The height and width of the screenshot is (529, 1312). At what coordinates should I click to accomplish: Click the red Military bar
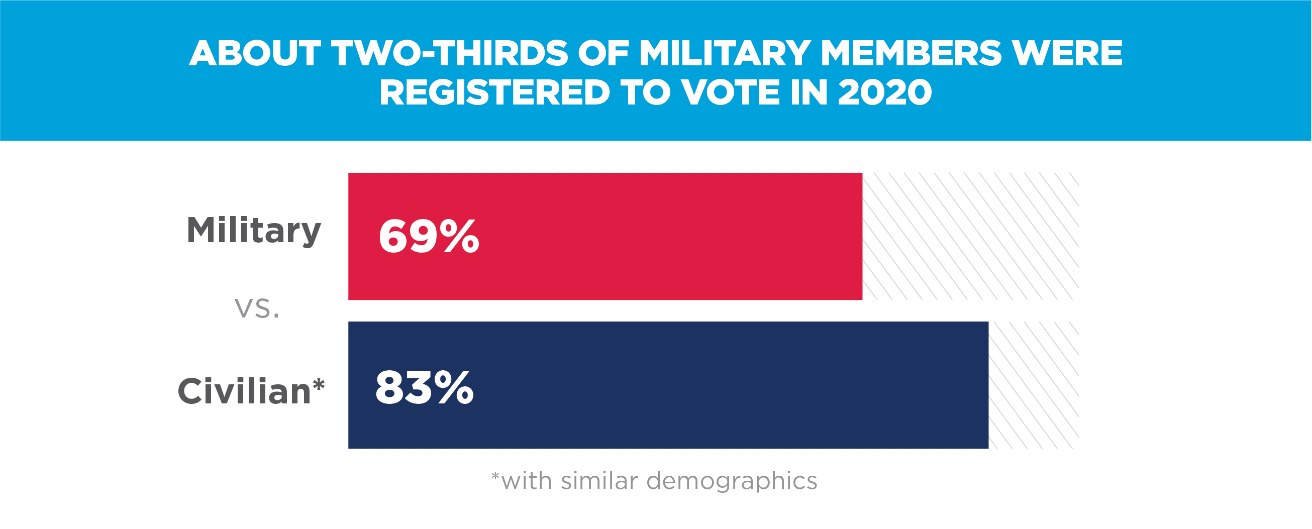coord(662,236)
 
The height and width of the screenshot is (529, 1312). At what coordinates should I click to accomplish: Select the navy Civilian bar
coord(713,385)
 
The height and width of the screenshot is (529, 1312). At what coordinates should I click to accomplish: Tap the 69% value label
coord(428,236)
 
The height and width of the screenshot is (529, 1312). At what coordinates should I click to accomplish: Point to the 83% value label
coord(424,388)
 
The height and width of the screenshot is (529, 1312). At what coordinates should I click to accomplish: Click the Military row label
coord(254,231)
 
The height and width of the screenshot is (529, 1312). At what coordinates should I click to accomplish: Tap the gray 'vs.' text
coord(257,308)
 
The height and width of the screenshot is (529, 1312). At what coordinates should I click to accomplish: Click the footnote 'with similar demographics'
coord(654,481)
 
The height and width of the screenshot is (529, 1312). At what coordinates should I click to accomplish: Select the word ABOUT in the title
coord(255,53)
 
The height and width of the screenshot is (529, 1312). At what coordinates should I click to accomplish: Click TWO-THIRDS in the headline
coord(450,53)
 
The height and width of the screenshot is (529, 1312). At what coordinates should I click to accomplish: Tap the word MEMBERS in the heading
coord(911,53)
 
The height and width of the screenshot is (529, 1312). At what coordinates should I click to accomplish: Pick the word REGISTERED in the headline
coord(494,92)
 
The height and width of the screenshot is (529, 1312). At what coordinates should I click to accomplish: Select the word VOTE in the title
coord(730,92)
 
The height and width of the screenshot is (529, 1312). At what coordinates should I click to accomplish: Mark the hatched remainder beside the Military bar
coord(970,236)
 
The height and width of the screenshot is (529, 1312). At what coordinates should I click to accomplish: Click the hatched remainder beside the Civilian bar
coord(1034,385)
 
